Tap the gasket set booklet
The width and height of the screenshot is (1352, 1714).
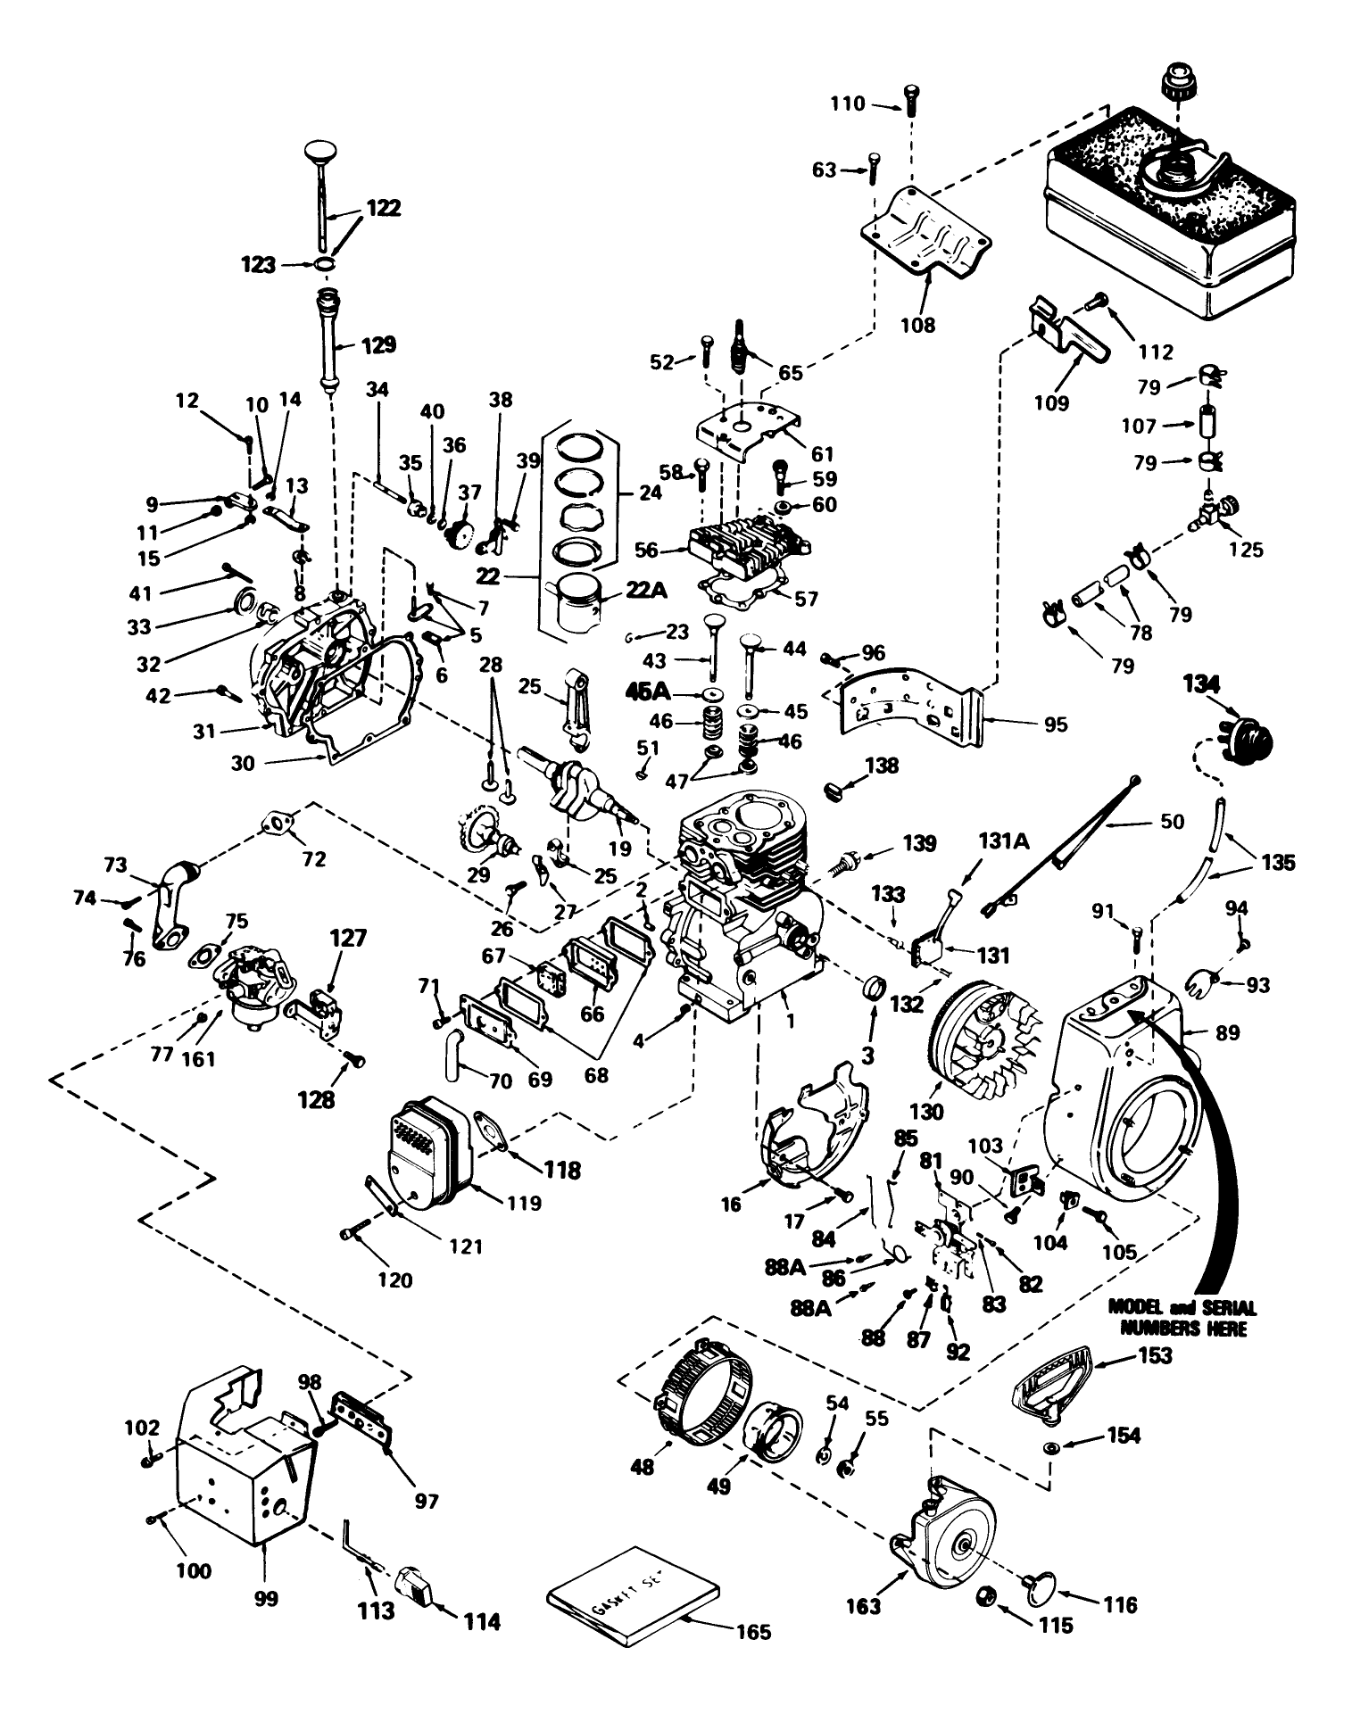633,1598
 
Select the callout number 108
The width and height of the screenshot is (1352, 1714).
917,325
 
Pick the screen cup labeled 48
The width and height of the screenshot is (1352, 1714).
701,1390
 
